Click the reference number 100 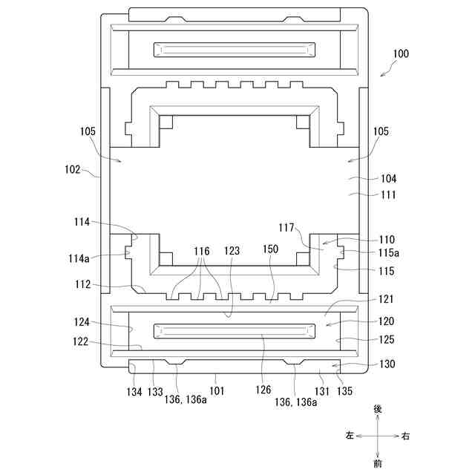point(400,53)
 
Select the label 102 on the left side point(73,169)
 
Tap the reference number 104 point(388,179)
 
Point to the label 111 point(388,195)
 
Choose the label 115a point(388,253)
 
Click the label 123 point(232,252)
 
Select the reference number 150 point(270,250)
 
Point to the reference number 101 point(216,389)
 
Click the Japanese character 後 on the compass point(378,409)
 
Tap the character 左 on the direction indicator point(350,436)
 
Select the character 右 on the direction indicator point(405,436)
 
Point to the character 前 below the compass point(378,463)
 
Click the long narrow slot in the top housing point(233,50)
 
